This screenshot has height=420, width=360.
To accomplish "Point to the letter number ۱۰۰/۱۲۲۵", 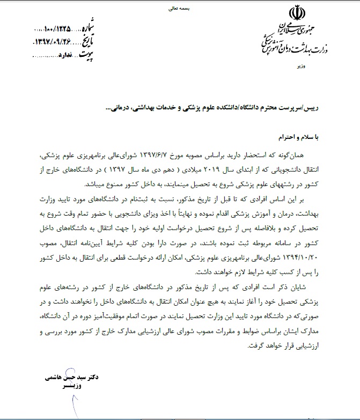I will click(x=54, y=28).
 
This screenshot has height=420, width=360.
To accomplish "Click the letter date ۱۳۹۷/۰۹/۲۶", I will click(x=53, y=41).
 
